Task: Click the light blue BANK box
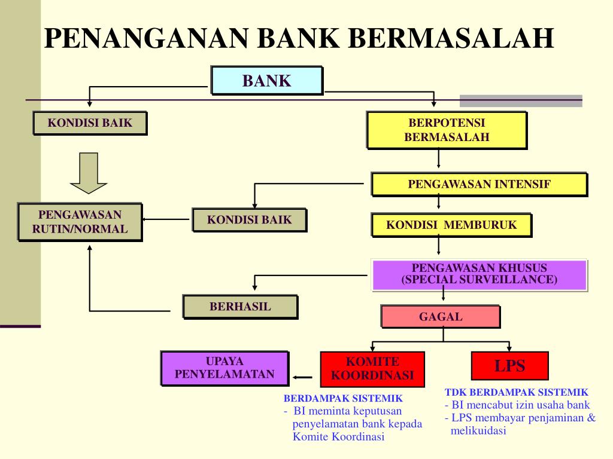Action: point(266,81)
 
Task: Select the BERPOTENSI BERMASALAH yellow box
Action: point(447,130)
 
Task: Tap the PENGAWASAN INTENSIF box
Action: point(479,185)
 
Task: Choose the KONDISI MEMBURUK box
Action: point(451,225)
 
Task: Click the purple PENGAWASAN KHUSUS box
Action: point(479,274)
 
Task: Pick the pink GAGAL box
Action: point(441,317)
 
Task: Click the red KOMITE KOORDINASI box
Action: point(372,369)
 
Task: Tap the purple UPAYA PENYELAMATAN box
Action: point(224,368)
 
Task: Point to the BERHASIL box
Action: point(240,307)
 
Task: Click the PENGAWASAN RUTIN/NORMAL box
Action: point(80,222)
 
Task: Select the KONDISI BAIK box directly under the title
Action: point(90,124)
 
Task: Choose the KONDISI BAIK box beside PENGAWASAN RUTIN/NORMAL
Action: point(249,220)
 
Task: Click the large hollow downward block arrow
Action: point(88,173)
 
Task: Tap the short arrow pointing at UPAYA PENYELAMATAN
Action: point(303,378)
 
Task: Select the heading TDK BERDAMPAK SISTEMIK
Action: point(517,393)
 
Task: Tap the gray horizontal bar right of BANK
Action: point(520,100)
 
